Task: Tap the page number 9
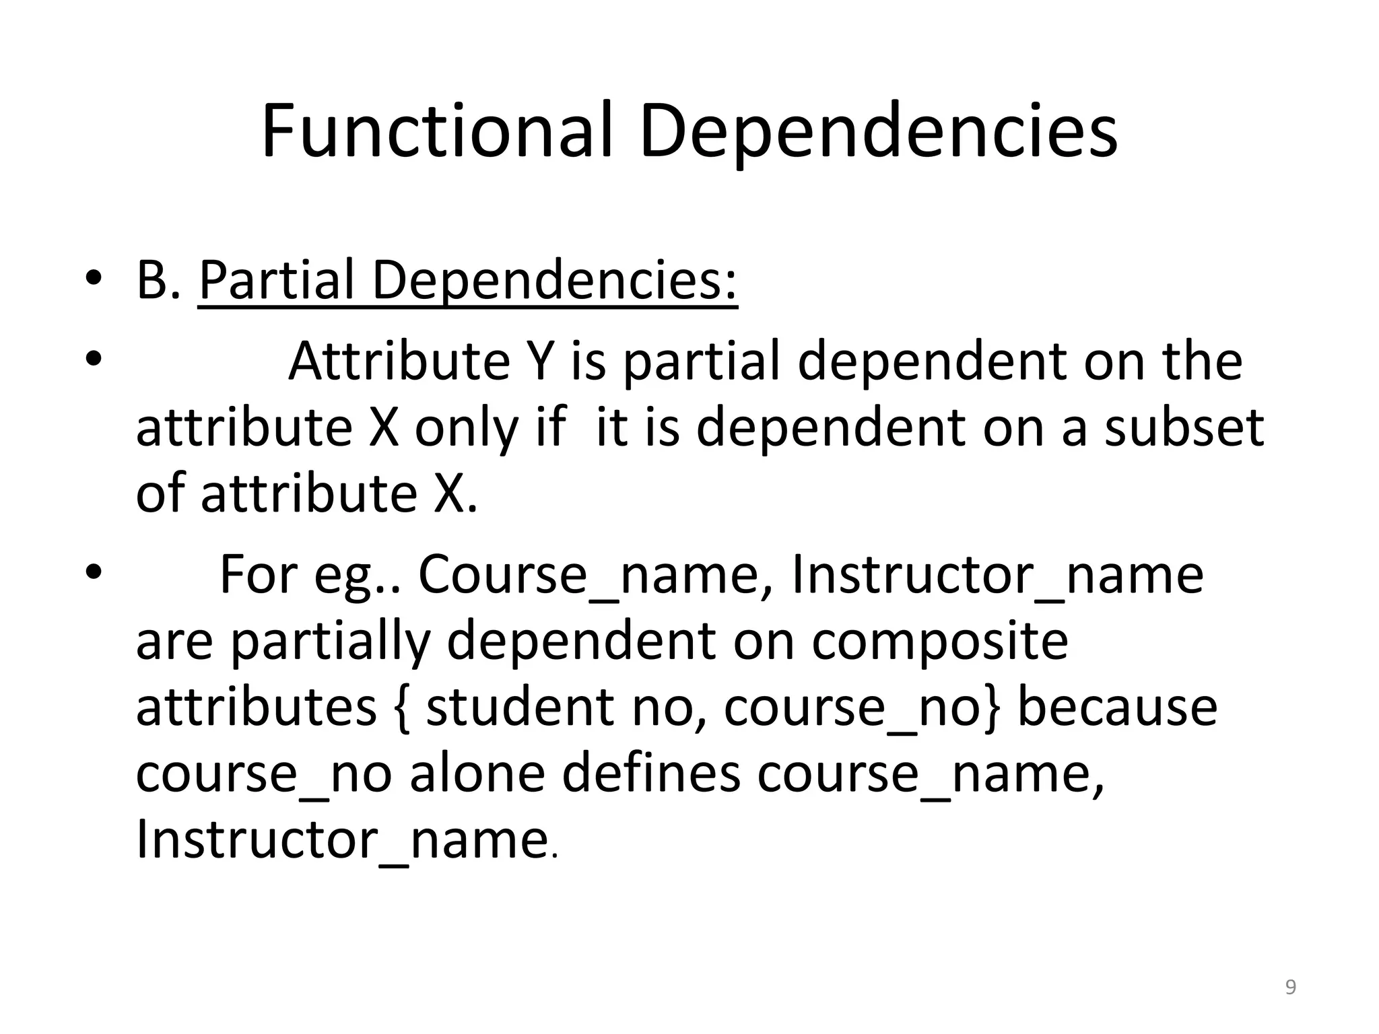pos(1290,987)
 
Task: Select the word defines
pos(650,773)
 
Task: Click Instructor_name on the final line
pos(341,839)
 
